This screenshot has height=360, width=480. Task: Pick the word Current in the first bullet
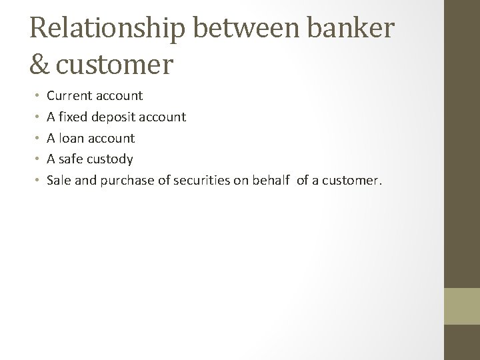pos(69,96)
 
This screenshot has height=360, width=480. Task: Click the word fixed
pos(73,117)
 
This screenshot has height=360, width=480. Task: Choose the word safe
pos(71,159)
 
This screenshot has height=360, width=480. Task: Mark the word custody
pos(110,159)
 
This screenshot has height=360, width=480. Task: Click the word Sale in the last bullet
pos(58,180)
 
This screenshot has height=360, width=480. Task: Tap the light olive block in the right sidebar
pos(462,306)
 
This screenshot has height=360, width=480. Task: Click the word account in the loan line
pos(113,138)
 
